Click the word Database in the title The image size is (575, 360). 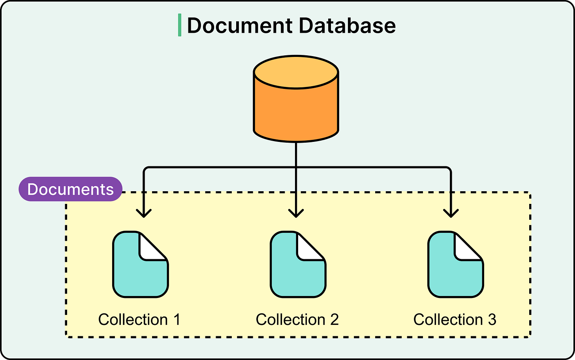click(347, 26)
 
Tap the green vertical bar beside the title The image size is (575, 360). click(180, 25)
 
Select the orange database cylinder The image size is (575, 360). click(296, 111)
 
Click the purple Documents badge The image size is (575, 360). click(70, 189)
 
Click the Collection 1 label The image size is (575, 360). click(139, 320)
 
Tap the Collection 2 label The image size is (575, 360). click(297, 320)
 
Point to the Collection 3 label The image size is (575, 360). click(455, 320)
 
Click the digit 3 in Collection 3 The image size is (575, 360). click(492, 320)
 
